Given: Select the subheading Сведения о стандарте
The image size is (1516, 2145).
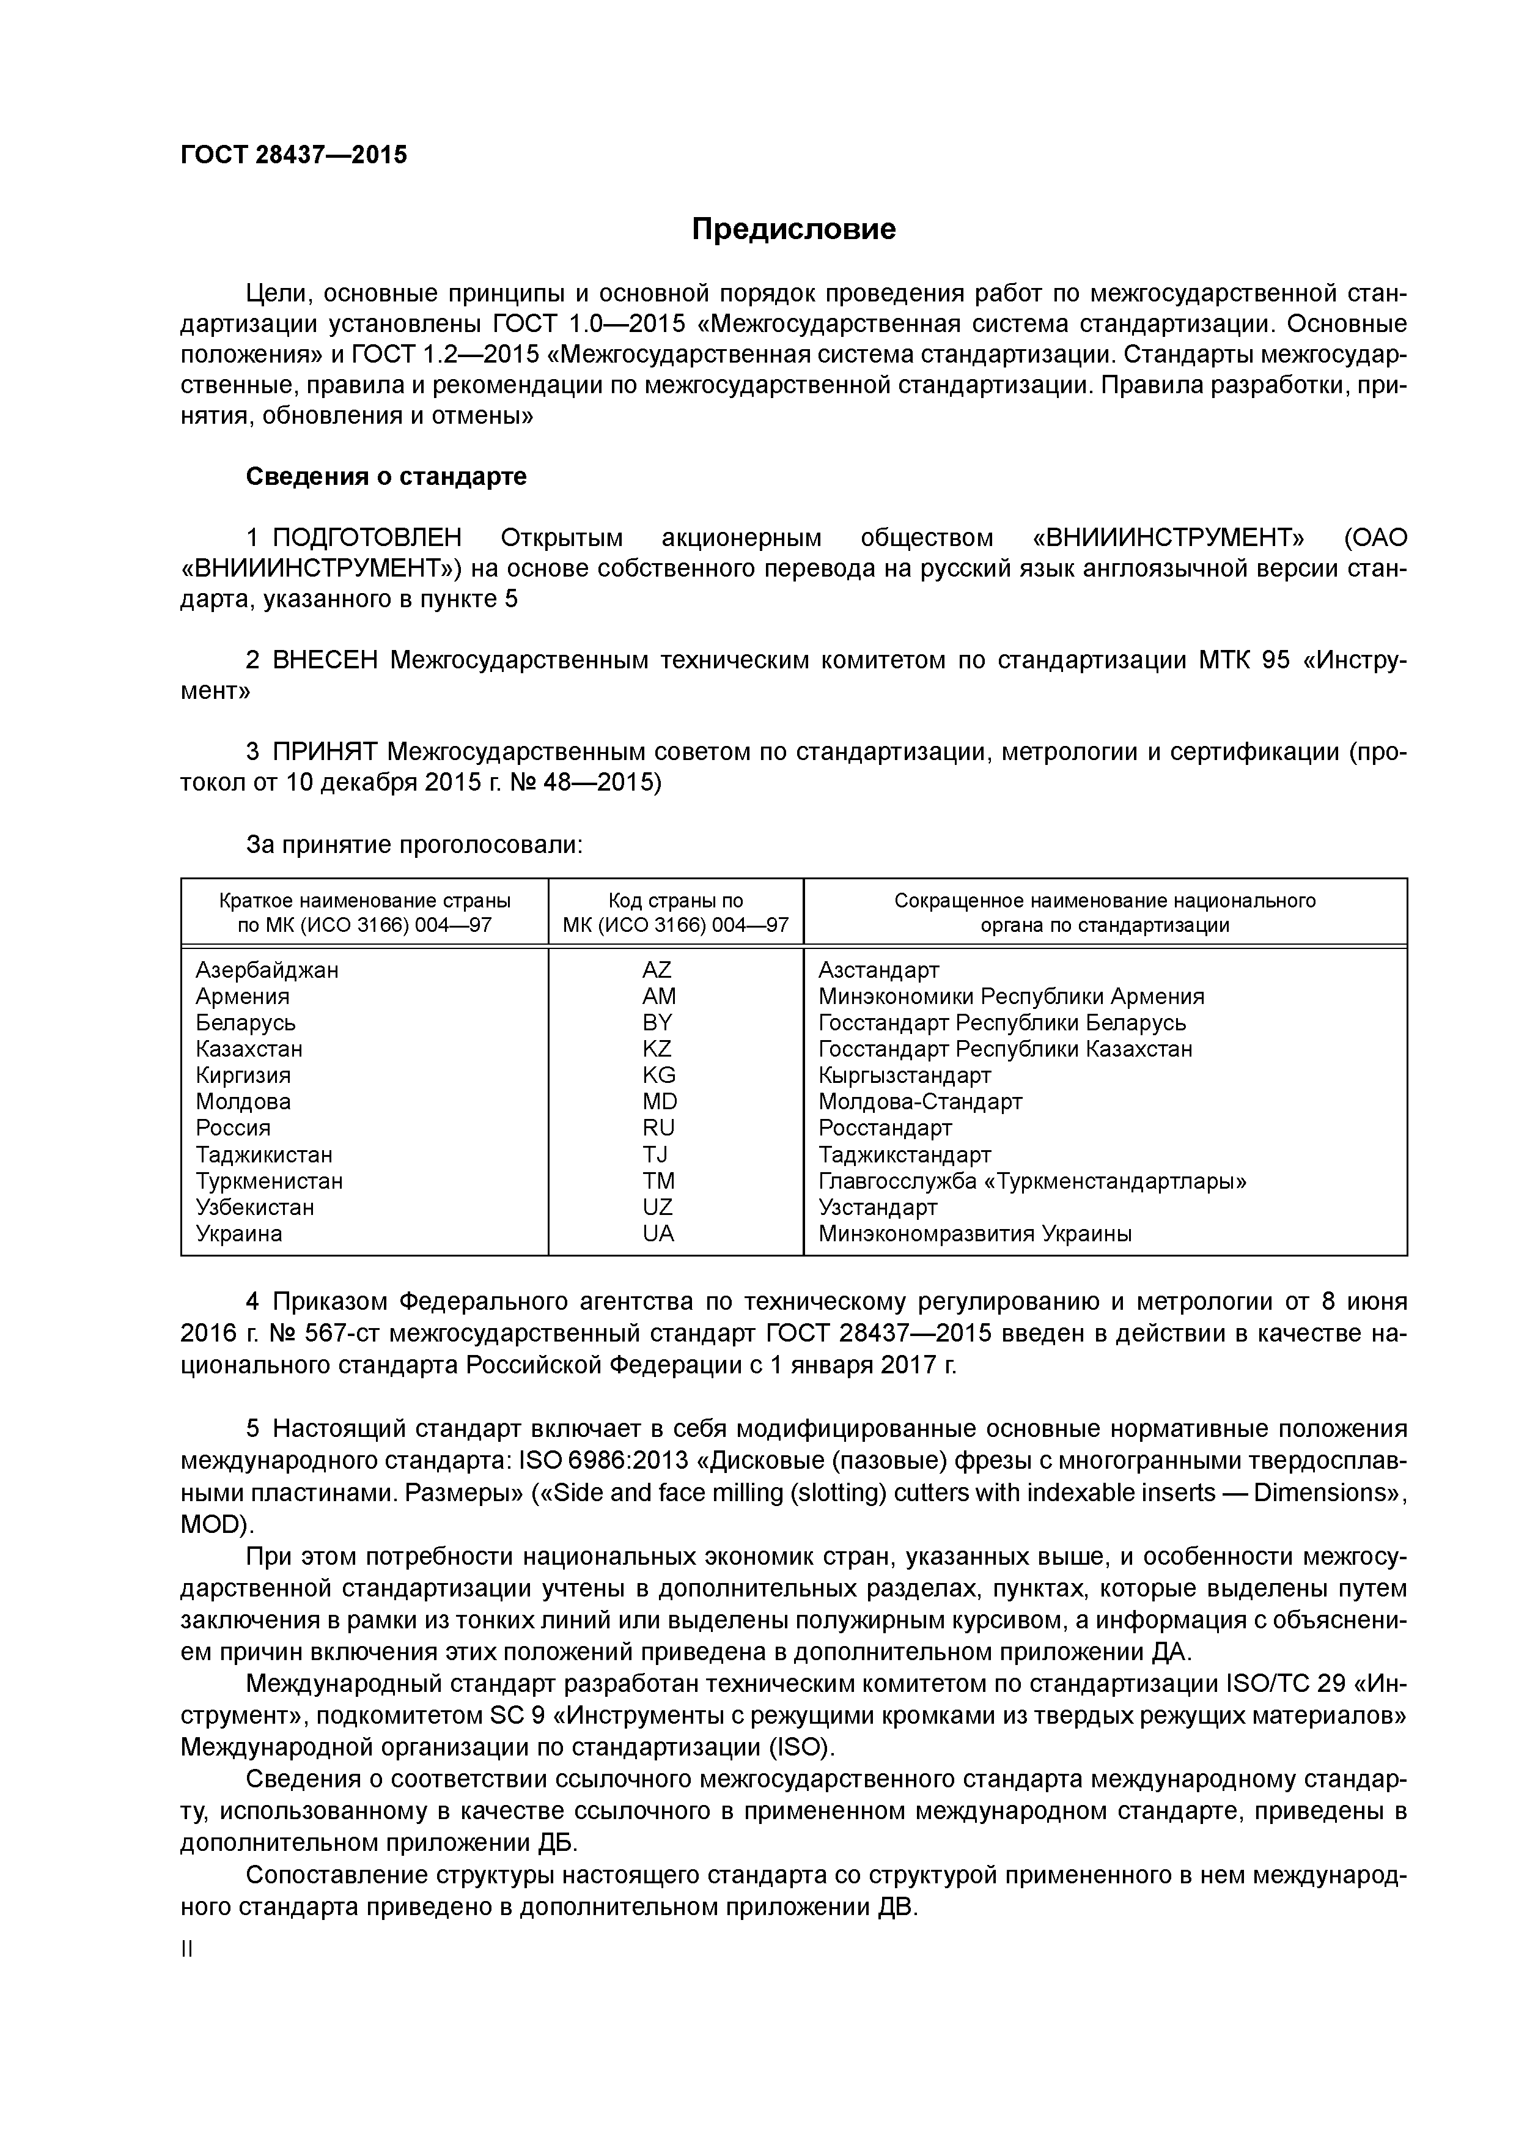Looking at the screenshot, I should tap(386, 476).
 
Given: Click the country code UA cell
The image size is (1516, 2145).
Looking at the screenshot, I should tap(658, 1233).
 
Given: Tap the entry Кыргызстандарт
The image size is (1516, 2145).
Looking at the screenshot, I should tap(904, 1076).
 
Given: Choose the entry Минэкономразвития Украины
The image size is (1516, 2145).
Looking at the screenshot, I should tap(974, 1233).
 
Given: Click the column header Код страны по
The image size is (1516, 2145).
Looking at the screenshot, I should tap(675, 901).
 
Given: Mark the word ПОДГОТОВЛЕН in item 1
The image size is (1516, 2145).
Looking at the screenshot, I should tap(367, 538).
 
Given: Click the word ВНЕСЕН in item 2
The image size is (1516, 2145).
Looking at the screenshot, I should tap(325, 660).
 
